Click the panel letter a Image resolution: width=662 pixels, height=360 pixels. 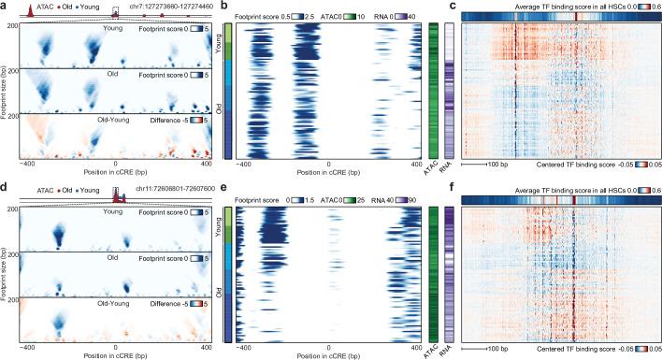pyautogui.click(x=6, y=6)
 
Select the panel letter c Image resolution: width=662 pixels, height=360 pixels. pyautogui.click(x=453, y=6)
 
